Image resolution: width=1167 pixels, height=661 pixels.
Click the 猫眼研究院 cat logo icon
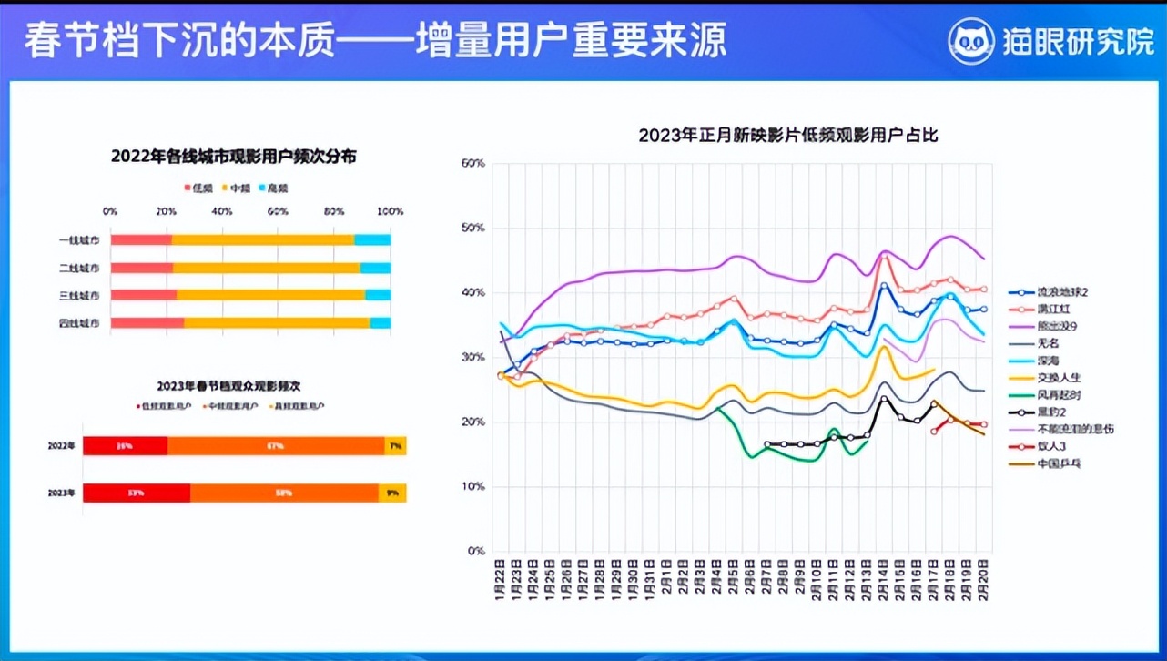point(971,42)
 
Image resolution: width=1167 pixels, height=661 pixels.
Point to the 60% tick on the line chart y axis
point(473,163)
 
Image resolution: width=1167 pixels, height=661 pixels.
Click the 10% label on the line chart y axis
point(473,487)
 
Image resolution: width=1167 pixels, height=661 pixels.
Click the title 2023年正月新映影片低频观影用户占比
point(787,136)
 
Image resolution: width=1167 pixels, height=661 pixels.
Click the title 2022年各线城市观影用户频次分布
point(233,156)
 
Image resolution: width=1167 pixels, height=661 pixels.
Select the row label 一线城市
point(78,240)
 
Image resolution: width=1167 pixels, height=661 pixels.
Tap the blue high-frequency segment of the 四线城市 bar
point(381,322)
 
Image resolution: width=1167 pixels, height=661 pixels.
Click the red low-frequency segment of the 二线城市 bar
point(142,268)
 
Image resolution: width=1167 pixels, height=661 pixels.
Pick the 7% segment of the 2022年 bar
point(395,446)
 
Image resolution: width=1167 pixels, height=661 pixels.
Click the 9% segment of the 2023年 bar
point(392,493)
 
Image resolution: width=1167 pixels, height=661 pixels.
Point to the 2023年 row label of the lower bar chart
point(62,493)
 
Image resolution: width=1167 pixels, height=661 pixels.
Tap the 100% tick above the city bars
point(390,211)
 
